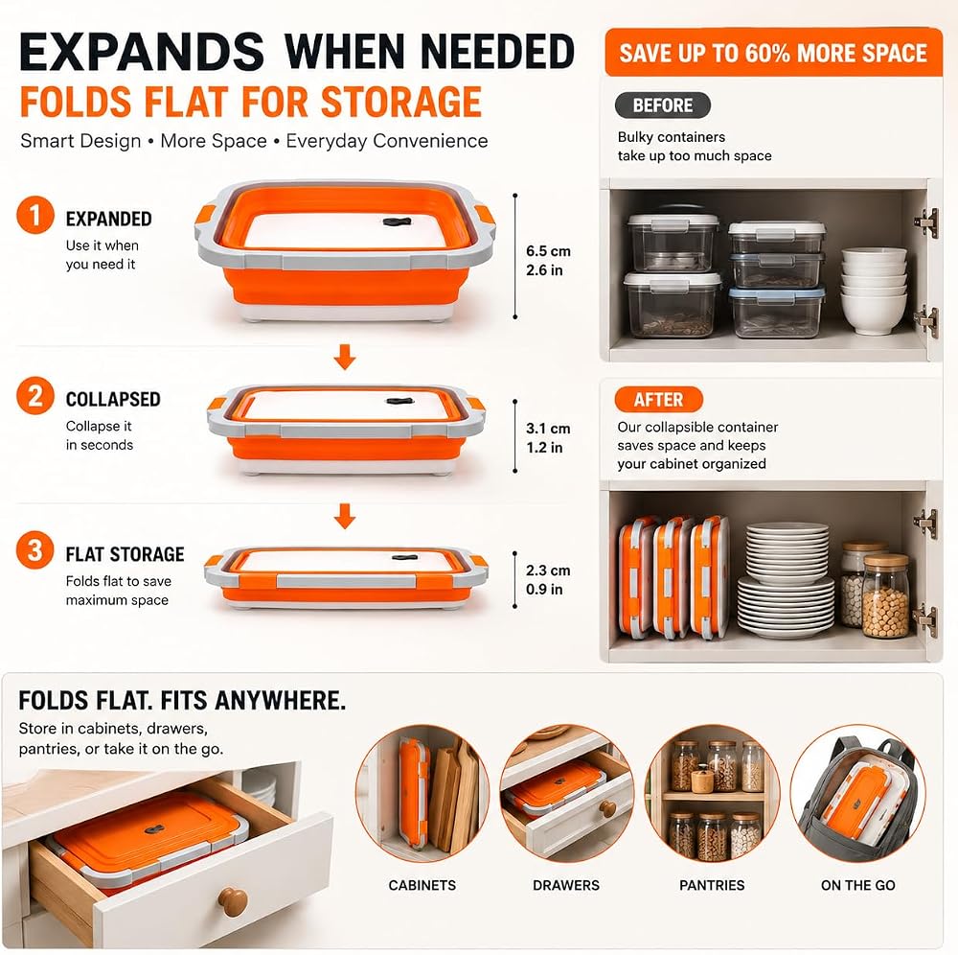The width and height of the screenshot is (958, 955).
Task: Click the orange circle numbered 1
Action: tap(35, 215)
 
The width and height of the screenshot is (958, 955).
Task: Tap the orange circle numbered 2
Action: tap(35, 396)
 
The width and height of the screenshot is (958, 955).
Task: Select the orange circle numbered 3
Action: tap(35, 549)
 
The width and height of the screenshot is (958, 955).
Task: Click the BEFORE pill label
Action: tap(663, 105)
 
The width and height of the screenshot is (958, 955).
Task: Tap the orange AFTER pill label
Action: tap(659, 399)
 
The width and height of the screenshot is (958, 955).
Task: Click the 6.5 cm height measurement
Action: tap(548, 251)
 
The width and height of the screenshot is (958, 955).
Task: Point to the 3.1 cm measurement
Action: tap(548, 429)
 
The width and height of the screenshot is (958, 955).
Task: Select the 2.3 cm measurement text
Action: tap(548, 571)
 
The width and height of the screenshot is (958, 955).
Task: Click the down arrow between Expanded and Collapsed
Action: tap(345, 357)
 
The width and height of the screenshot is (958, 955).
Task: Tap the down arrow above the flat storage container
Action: tap(345, 516)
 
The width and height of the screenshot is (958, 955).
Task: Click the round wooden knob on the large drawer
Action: tap(233, 901)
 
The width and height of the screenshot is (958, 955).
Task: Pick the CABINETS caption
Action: tap(422, 885)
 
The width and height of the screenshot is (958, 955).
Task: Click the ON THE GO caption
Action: tap(857, 885)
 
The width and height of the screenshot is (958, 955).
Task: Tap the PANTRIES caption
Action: tap(712, 885)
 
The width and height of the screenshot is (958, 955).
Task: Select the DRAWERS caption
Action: tap(566, 885)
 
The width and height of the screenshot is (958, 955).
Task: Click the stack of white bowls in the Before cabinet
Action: tap(873, 291)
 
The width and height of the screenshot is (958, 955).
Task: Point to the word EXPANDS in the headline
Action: tap(142, 52)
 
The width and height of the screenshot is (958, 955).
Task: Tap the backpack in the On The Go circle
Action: tap(857, 793)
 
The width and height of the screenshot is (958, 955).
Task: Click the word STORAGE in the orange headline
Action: tap(400, 102)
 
